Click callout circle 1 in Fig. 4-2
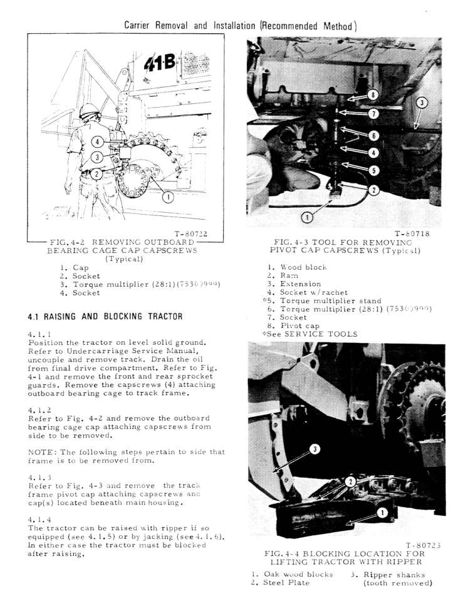click(167, 197)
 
